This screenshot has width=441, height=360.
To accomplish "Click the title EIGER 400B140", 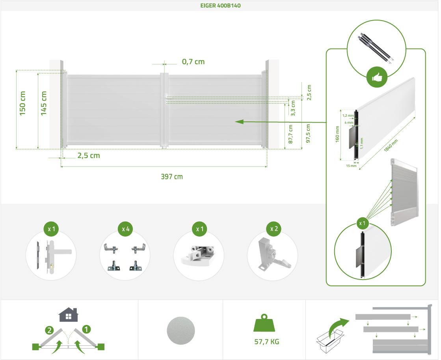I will pos(220,6).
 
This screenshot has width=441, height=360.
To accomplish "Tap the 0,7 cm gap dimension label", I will pos(193,62).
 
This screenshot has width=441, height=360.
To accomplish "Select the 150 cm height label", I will pos(22,103).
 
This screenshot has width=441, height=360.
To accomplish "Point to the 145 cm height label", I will pos(43,103).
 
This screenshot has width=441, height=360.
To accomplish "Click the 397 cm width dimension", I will pos(172,177).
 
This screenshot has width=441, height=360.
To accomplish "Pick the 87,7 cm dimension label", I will pos(291,134).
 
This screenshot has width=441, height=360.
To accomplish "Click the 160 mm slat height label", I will pos(337,134).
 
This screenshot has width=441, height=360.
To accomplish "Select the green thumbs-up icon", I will pos(378,78).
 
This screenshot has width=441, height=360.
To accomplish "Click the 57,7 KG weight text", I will pos(267,341).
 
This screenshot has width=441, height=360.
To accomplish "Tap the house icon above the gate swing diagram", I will pos(69,315).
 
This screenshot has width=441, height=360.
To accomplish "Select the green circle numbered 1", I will pos(86,328).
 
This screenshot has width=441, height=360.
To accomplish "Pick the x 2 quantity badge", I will pos(273,229).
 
